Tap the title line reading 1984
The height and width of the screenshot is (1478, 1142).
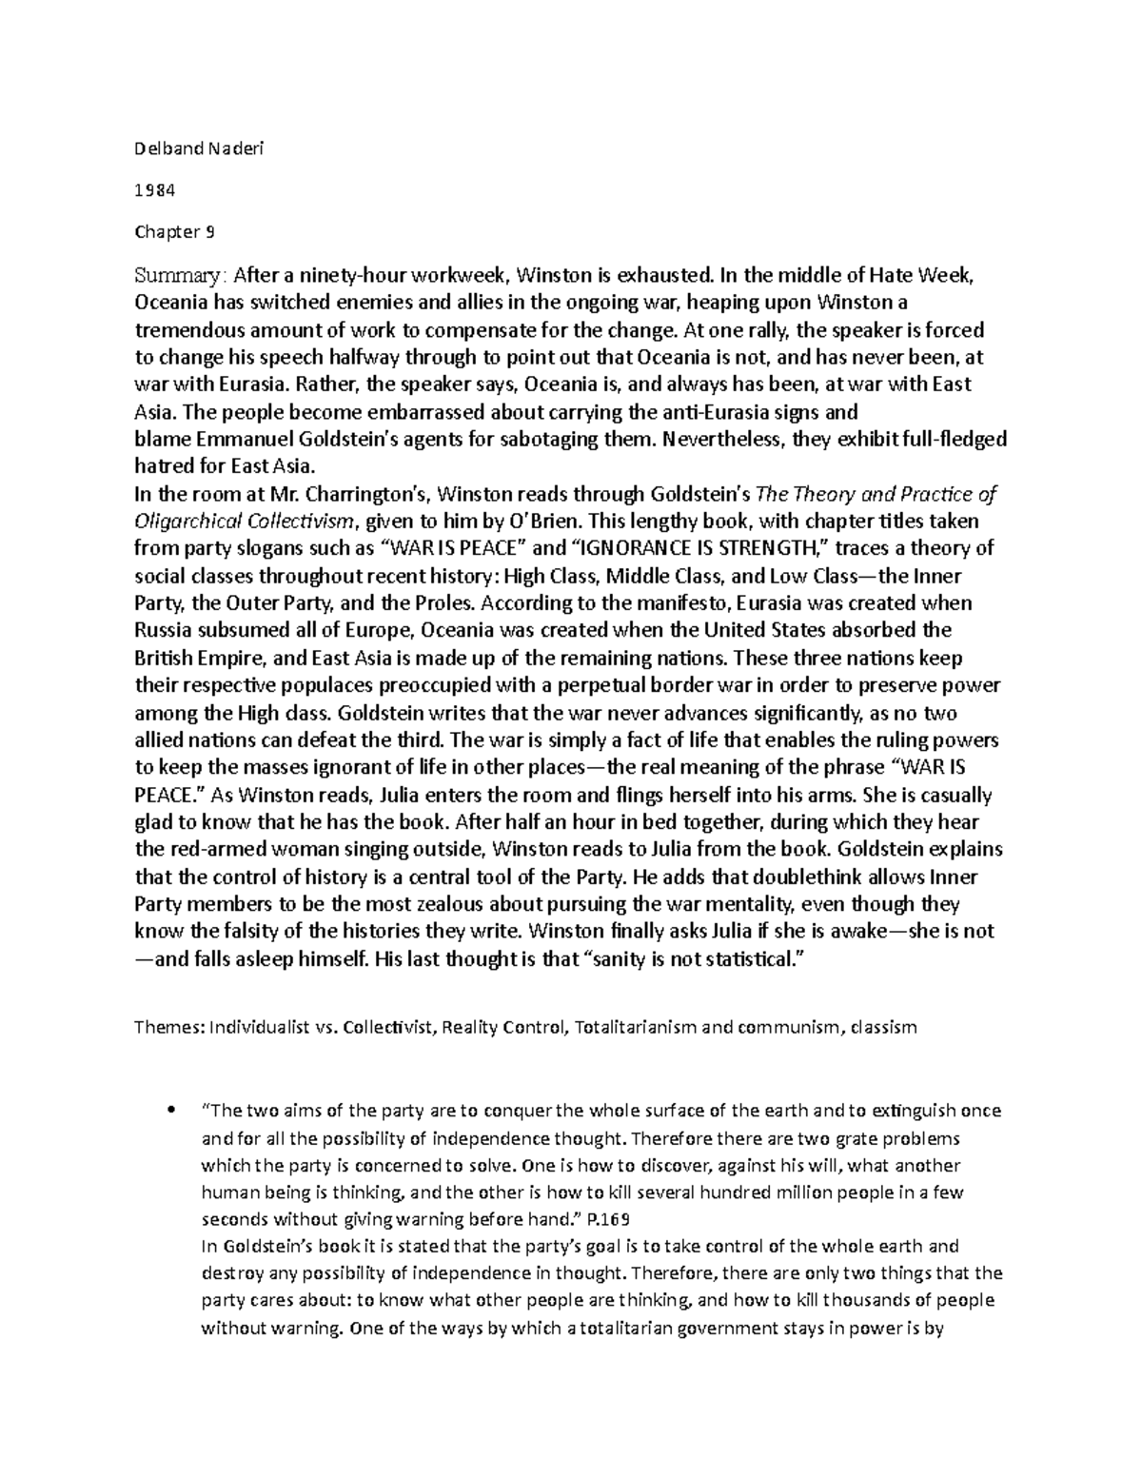point(155,188)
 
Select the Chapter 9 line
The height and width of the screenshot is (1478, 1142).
point(167,231)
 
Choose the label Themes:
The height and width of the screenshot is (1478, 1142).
point(168,1028)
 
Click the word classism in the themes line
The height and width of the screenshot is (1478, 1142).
point(884,1028)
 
